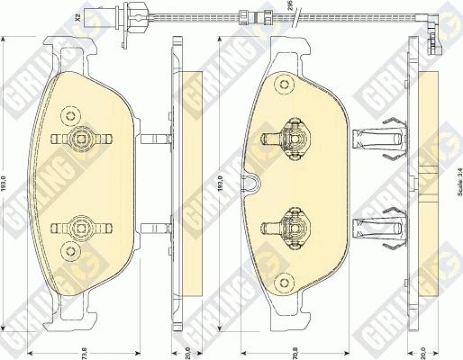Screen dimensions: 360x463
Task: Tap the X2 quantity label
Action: point(77,15)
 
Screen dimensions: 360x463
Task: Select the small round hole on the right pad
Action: point(286,85)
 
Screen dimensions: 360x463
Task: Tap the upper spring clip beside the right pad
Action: point(377,139)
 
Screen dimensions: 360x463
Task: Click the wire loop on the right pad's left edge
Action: point(254,184)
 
